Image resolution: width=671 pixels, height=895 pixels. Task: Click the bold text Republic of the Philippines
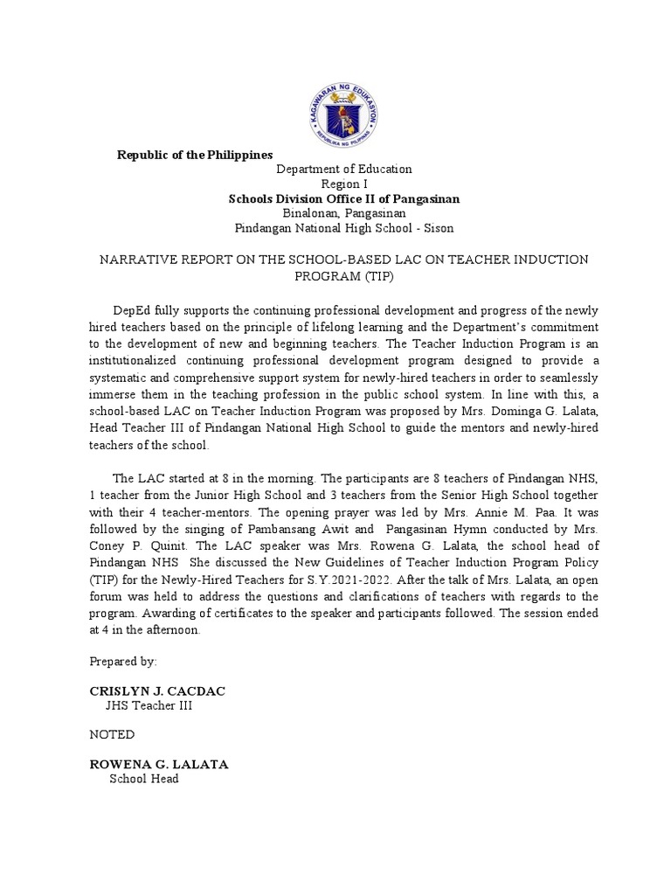coord(196,155)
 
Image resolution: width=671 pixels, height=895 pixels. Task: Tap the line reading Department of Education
coord(344,169)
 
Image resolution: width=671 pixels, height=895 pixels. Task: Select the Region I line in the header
coord(344,184)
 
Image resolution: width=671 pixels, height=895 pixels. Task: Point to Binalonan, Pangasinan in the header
coord(344,213)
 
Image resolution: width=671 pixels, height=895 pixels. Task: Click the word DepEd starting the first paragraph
coord(131,311)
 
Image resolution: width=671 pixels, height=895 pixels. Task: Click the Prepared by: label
coord(122,662)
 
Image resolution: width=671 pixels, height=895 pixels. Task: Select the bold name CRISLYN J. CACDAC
coord(157,690)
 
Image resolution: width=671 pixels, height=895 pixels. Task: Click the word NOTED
coord(112,734)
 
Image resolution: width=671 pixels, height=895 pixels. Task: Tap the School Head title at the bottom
coord(143,778)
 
